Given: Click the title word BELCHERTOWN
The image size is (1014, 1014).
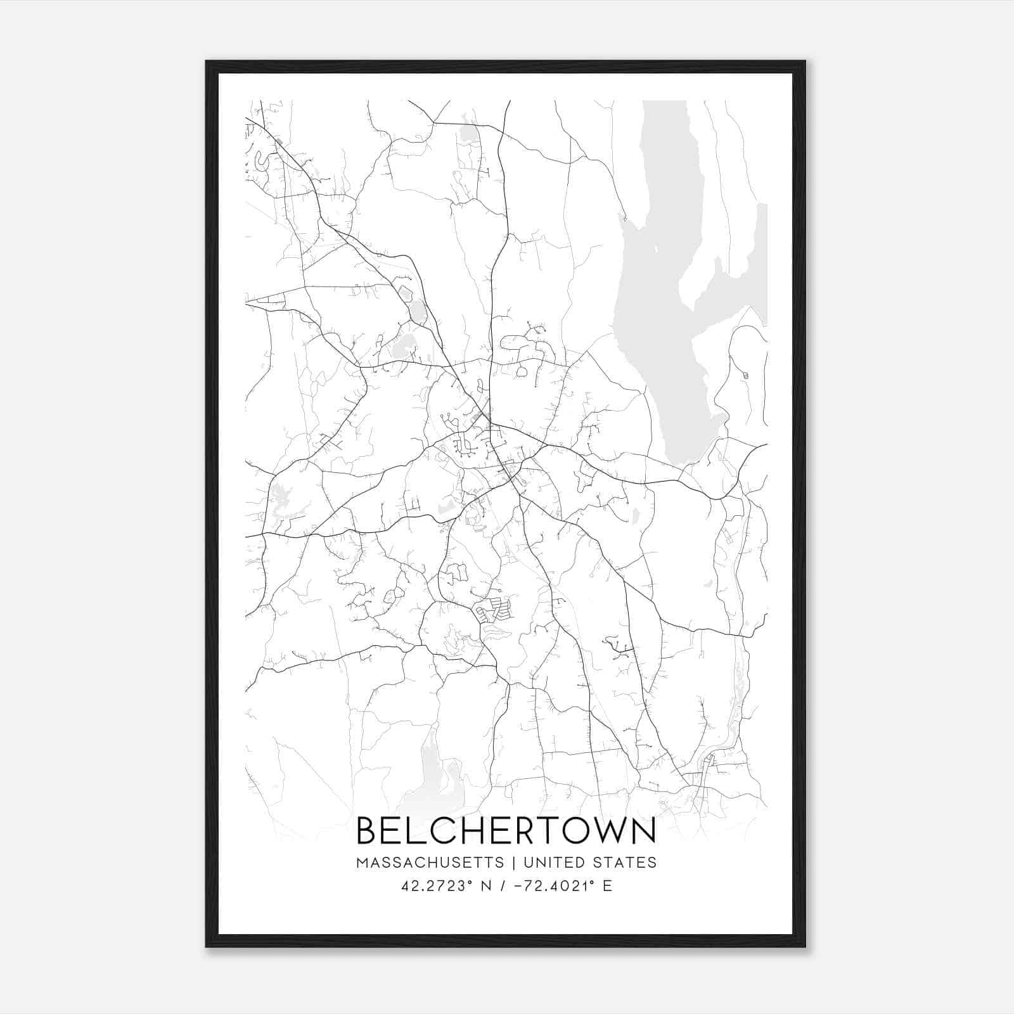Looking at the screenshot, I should click(506, 831).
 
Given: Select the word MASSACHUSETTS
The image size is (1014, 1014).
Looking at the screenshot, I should click(430, 863).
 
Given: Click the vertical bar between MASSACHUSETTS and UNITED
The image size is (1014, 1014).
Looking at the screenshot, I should click(513, 863).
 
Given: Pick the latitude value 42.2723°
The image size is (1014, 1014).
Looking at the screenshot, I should click(437, 886).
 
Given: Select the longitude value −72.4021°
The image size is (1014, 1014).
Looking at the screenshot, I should click(558, 886).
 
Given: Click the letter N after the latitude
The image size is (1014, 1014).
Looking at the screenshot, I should click(487, 886).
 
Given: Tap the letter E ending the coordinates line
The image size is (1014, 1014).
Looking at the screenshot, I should click(608, 886).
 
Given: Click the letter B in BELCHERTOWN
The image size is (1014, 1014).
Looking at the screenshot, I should click(368, 831).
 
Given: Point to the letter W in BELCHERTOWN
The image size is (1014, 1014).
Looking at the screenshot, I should click(600, 831).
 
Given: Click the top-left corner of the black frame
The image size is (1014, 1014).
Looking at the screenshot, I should click(207, 61).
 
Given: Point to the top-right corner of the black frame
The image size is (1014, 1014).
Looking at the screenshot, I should click(805, 61).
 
